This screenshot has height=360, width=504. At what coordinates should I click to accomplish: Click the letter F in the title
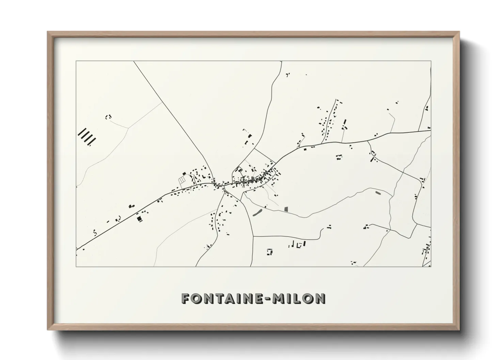tap(186, 298)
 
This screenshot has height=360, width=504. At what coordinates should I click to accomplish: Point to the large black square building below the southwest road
tap(139, 219)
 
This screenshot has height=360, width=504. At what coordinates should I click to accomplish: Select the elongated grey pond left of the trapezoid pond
tap(257, 213)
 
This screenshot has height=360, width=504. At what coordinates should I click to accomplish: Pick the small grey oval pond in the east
tap(377, 193)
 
